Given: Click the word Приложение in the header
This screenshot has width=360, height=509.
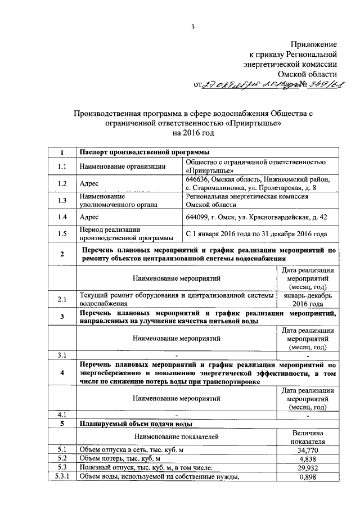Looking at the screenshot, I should [313, 44].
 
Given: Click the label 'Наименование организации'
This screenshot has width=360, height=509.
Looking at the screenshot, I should [123, 166].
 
